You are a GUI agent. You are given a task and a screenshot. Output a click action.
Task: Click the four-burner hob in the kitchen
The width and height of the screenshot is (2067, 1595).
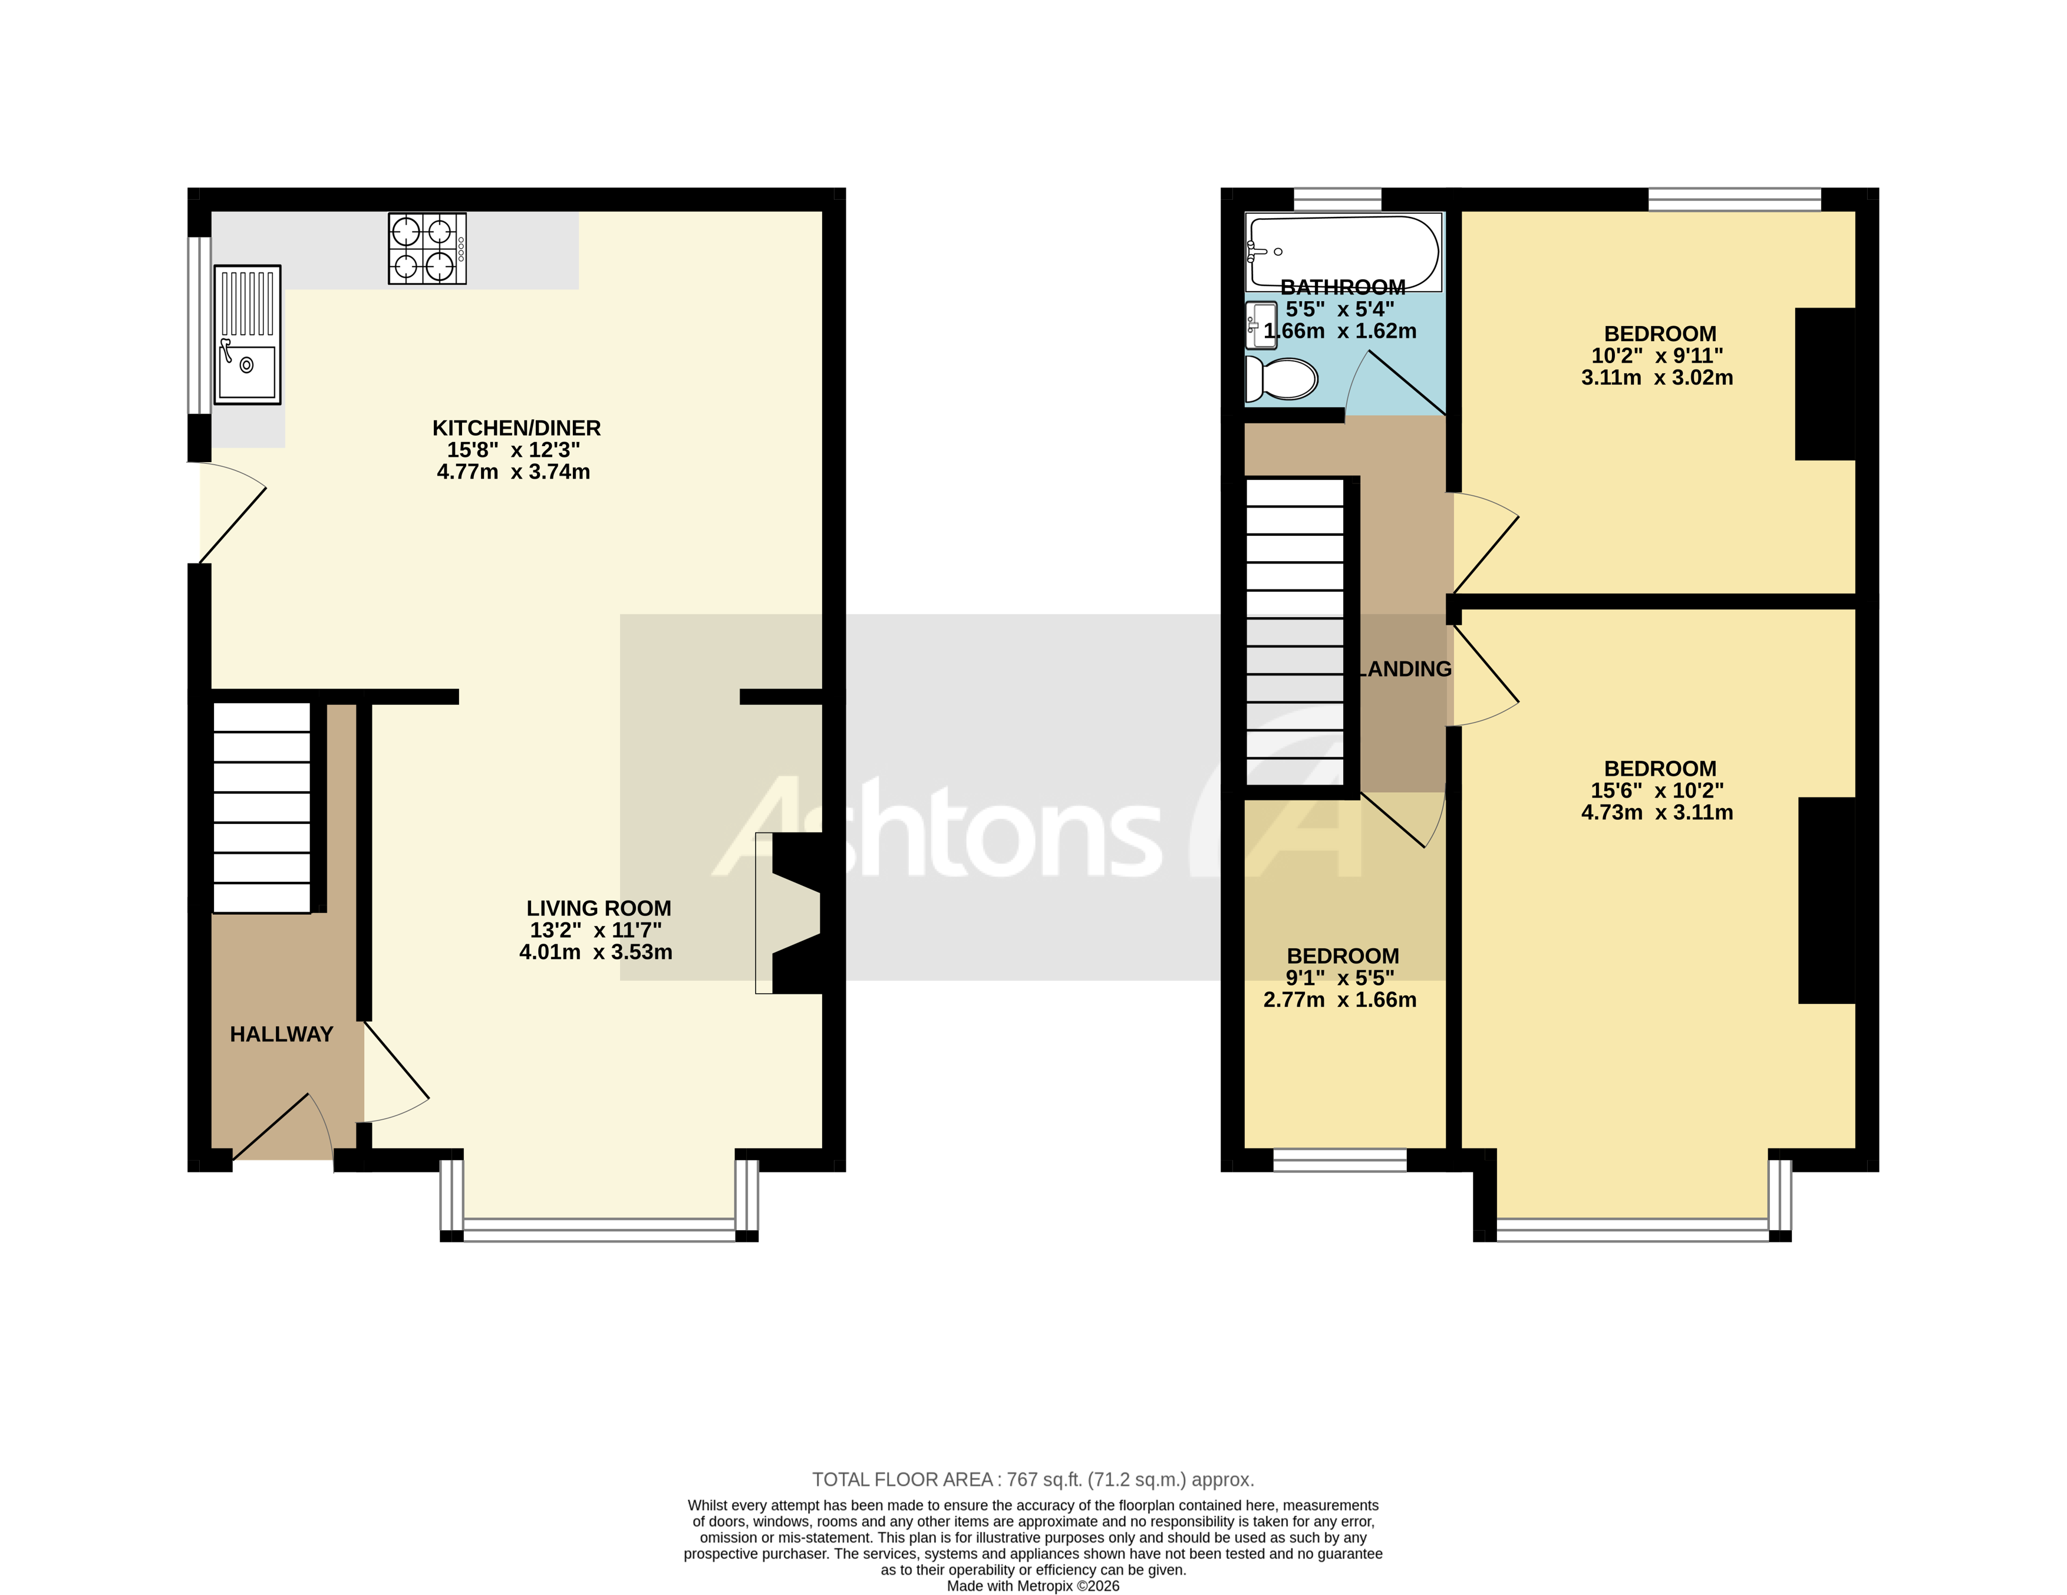coord(427,249)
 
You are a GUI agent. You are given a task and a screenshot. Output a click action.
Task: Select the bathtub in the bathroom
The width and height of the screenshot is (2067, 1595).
coord(1343,252)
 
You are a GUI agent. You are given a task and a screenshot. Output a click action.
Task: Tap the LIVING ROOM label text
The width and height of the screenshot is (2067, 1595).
coord(598,908)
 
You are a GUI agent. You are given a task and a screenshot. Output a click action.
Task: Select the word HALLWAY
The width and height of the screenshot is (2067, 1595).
coord(281,1034)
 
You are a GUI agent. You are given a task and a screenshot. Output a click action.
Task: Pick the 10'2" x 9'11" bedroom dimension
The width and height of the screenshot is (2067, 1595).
coord(1656,356)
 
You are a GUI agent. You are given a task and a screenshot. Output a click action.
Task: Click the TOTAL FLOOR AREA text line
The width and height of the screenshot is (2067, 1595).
coord(1033,1479)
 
